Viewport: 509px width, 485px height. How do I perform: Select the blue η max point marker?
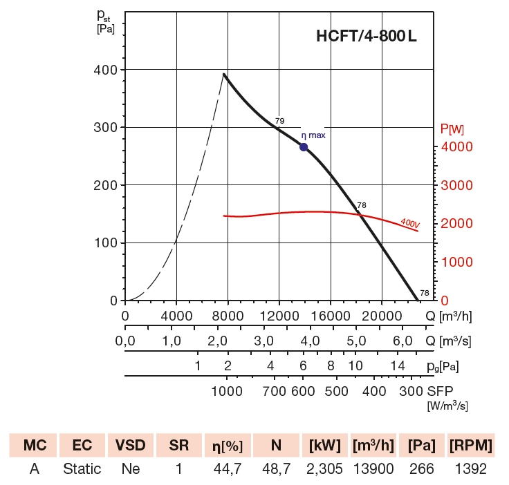304,147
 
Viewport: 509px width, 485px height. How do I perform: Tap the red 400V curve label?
410,223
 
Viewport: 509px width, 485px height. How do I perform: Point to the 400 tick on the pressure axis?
106,70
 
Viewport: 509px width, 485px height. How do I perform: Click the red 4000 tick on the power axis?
457,147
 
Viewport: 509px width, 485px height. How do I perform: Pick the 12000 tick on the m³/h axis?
279,316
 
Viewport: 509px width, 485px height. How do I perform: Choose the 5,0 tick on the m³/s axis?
356,341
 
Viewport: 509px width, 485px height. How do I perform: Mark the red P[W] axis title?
452,129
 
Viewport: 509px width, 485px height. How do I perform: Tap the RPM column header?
470,446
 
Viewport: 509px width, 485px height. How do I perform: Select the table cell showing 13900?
373,469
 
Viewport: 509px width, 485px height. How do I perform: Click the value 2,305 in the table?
324,469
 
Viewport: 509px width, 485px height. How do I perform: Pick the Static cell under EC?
82,469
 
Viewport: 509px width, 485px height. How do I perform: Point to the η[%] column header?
226,446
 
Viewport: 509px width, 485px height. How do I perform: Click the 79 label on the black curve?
279,122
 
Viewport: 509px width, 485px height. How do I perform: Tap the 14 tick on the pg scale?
397,366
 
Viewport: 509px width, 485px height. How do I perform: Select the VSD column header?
130,446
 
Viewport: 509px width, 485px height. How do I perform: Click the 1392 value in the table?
470,469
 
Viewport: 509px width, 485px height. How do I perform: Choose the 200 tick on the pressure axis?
106,185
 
